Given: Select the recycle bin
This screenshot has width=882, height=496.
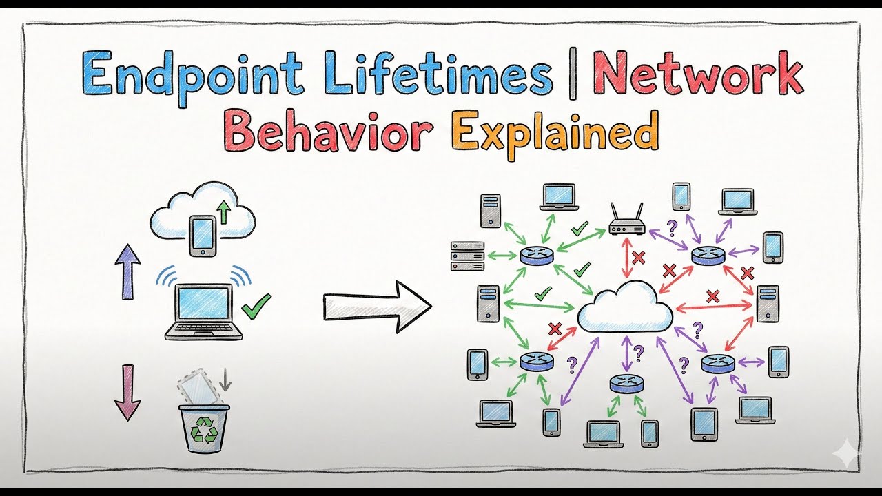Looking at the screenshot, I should point(204,427).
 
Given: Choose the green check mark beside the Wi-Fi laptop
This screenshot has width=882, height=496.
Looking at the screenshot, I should point(257,305).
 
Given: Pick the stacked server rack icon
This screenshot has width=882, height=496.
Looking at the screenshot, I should point(467,256).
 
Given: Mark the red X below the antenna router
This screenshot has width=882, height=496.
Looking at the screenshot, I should point(639,258).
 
